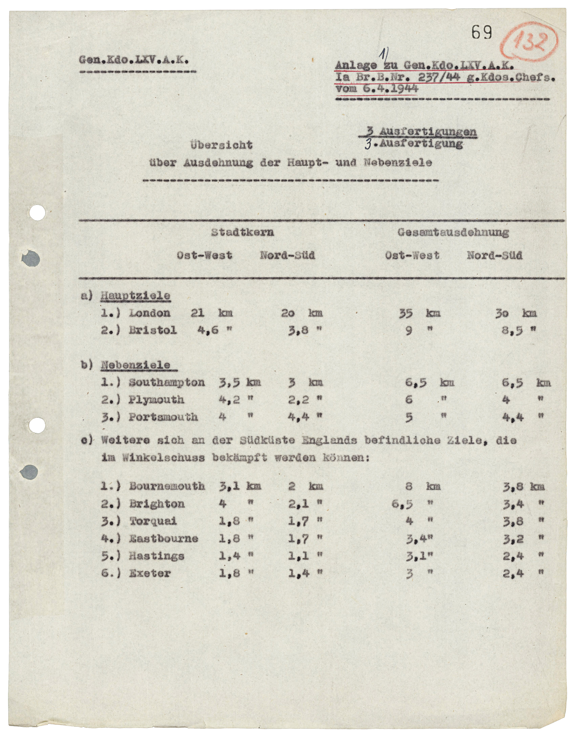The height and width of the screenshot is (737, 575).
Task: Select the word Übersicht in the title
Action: tap(221, 145)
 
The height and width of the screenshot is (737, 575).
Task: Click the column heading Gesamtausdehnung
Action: tap(453, 232)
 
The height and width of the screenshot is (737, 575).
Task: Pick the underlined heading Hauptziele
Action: tap(135, 296)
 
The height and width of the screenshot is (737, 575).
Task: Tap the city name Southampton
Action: tap(167, 383)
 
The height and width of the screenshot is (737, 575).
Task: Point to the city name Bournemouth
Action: tap(167, 486)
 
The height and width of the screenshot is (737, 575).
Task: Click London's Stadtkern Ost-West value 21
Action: tap(197, 313)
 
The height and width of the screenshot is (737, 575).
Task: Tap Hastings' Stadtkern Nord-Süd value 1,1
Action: tap(298, 556)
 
